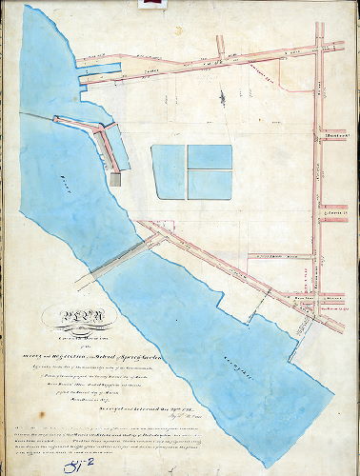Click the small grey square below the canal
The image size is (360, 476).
[114, 179]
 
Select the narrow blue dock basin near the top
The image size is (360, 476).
[99, 68]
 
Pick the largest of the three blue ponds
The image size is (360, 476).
[169, 170]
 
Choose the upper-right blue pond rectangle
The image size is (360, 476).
[210, 156]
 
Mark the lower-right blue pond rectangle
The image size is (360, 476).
[210, 184]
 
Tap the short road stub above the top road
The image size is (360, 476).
[221, 46]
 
